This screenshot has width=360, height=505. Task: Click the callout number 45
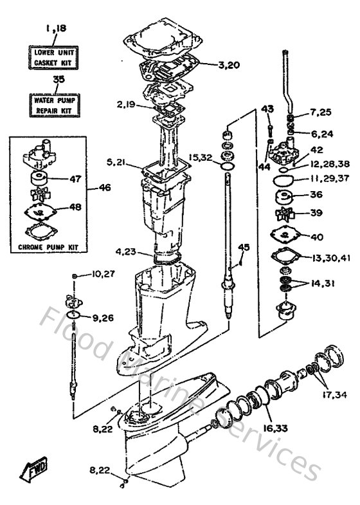tap(243, 247)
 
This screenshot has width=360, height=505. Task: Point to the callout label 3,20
tap(210, 64)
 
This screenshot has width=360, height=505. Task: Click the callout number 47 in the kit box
tap(75, 179)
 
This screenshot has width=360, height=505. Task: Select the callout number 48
tap(75, 208)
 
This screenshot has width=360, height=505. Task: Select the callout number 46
tap(105, 188)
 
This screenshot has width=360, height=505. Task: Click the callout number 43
tap(268, 109)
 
